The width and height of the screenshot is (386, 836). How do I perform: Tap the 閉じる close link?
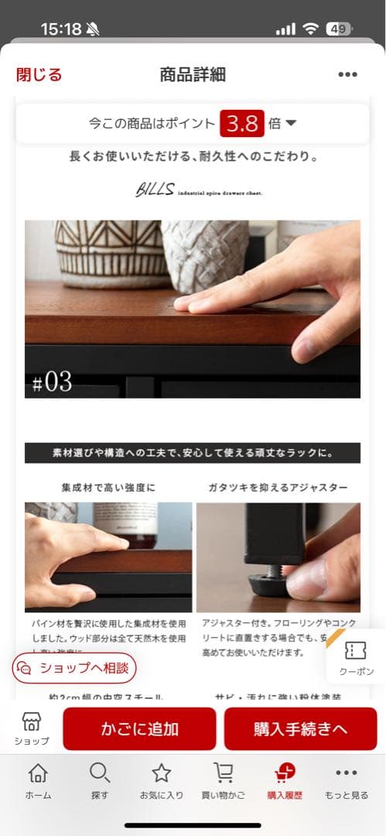point(39,74)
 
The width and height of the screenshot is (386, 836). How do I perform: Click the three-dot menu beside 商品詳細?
point(347,75)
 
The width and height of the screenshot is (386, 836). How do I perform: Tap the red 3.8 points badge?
point(241,123)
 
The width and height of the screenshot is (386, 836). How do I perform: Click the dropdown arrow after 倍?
point(292,123)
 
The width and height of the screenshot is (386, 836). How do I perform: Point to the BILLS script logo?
point(154,190)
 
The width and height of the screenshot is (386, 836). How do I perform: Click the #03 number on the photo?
point(53,382)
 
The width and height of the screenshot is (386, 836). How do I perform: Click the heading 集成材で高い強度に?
point(108,488)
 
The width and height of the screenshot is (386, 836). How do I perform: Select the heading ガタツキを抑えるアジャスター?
point(278,488)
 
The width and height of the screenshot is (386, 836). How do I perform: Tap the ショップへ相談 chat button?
point(74,667)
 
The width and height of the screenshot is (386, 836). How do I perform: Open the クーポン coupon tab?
point(356,659)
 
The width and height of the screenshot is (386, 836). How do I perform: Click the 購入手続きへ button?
point(300,728)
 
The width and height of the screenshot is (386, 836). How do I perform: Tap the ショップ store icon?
point(32,728)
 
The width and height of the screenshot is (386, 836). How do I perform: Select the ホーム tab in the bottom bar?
point(38,780)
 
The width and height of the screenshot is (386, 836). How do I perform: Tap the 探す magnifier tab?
point(100,780)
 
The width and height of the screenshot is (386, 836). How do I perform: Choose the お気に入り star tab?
point(161,780)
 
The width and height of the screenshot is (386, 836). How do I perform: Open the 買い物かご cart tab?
point(224,780)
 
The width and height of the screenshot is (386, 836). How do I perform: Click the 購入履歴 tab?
point(285,780)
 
